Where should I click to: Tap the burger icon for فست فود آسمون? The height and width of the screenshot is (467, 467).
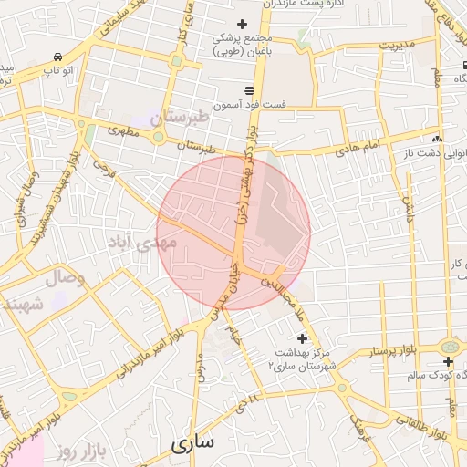tap(249, 89)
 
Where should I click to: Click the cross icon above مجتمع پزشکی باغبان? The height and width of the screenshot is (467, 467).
tap(242, 24)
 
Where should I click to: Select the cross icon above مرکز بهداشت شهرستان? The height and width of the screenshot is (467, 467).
tap(303, 337)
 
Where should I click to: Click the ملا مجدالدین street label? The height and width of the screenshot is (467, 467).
tap(284, 297)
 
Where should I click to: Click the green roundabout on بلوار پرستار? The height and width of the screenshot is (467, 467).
tap(449, 348)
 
